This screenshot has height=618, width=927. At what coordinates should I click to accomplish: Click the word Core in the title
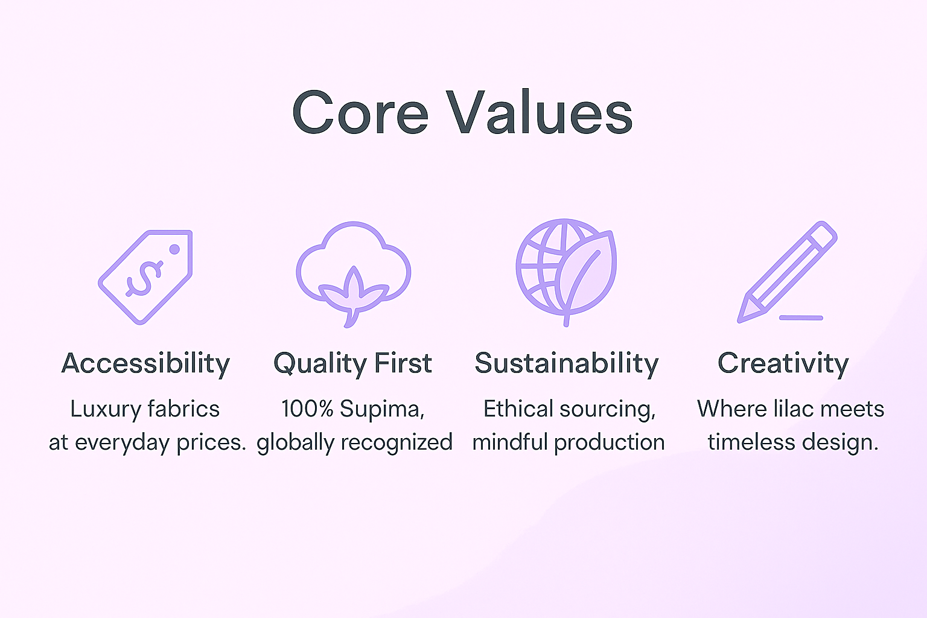[x=360, y=113]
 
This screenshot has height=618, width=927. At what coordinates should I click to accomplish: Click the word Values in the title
[x=540, y=112]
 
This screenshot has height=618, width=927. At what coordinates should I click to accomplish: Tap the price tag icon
[x=145, y=277]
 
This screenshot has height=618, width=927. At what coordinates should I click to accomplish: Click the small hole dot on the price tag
[x=174, y=249]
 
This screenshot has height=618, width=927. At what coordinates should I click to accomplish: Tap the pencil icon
[x=787, y=272]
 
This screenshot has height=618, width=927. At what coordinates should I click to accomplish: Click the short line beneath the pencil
[x=801, y=318]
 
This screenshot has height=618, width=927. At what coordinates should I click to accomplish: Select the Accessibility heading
[x=145, y=364]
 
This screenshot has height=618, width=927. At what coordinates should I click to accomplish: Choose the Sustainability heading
[x=567, y=364]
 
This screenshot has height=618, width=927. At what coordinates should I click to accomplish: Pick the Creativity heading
[x=783, y=364]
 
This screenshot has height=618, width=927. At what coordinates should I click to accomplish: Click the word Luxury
[x=106, y=410]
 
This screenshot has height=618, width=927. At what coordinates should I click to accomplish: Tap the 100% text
[x=307, y=409]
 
